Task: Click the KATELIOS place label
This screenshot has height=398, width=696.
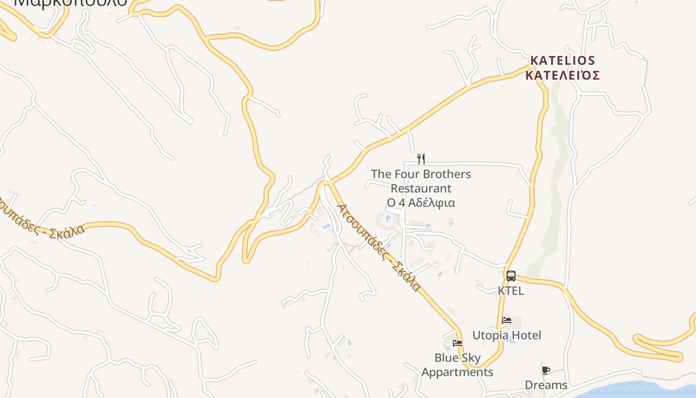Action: point(562,61)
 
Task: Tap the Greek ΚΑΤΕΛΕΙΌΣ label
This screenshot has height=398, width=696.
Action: point(562,76)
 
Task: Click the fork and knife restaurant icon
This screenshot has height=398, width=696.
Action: point(421,159)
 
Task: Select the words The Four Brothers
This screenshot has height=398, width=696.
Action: point(421,174)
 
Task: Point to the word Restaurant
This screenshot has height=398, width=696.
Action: point(421,189)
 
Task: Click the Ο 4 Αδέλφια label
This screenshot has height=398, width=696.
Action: point(421,203)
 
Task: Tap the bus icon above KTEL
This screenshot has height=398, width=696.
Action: point(511,276)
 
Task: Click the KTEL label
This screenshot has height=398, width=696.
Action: point(511,291)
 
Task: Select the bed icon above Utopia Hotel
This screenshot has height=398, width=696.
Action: point(507,320)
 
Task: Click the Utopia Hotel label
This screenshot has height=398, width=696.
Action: point(507,335)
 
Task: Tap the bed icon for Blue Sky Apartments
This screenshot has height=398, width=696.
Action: point(457,343)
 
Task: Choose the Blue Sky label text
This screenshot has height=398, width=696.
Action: point(457,358)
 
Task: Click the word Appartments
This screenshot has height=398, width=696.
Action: point(457,372)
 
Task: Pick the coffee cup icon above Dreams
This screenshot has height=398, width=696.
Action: point(545,370)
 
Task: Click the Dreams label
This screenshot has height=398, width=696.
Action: point(546,385)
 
